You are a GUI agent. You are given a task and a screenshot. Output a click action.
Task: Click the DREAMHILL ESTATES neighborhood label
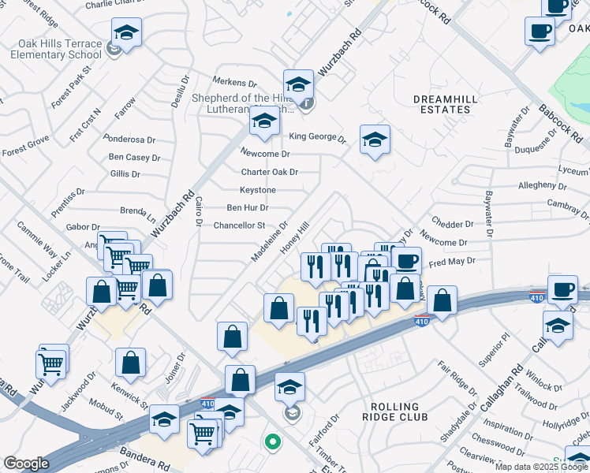(x=441, y=103)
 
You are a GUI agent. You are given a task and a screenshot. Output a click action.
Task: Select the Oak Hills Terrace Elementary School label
(x=56, y=49)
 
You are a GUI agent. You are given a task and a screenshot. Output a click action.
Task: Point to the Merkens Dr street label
(x=236, y=83)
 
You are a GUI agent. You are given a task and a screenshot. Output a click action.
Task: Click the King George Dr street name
(x=317, y=137)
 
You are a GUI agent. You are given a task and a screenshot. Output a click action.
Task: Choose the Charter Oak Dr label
(x=270, y=172)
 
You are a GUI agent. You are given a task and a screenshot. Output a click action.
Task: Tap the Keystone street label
(x=258, y=190)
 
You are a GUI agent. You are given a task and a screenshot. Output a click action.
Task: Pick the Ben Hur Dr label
(x=248, y=208)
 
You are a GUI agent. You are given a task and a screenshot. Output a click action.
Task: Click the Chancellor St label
(x=239, y=225)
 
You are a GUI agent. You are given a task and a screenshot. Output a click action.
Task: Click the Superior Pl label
(x=495, y=348)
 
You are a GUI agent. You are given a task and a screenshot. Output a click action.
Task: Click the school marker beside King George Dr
(x=374, y=140)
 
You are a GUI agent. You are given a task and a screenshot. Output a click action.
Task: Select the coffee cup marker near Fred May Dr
(x=407, y=261)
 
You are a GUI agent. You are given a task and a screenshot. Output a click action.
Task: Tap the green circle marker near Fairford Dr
(x=273, y=442)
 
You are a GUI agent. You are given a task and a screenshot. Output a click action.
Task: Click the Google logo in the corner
(x=27, y=464)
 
